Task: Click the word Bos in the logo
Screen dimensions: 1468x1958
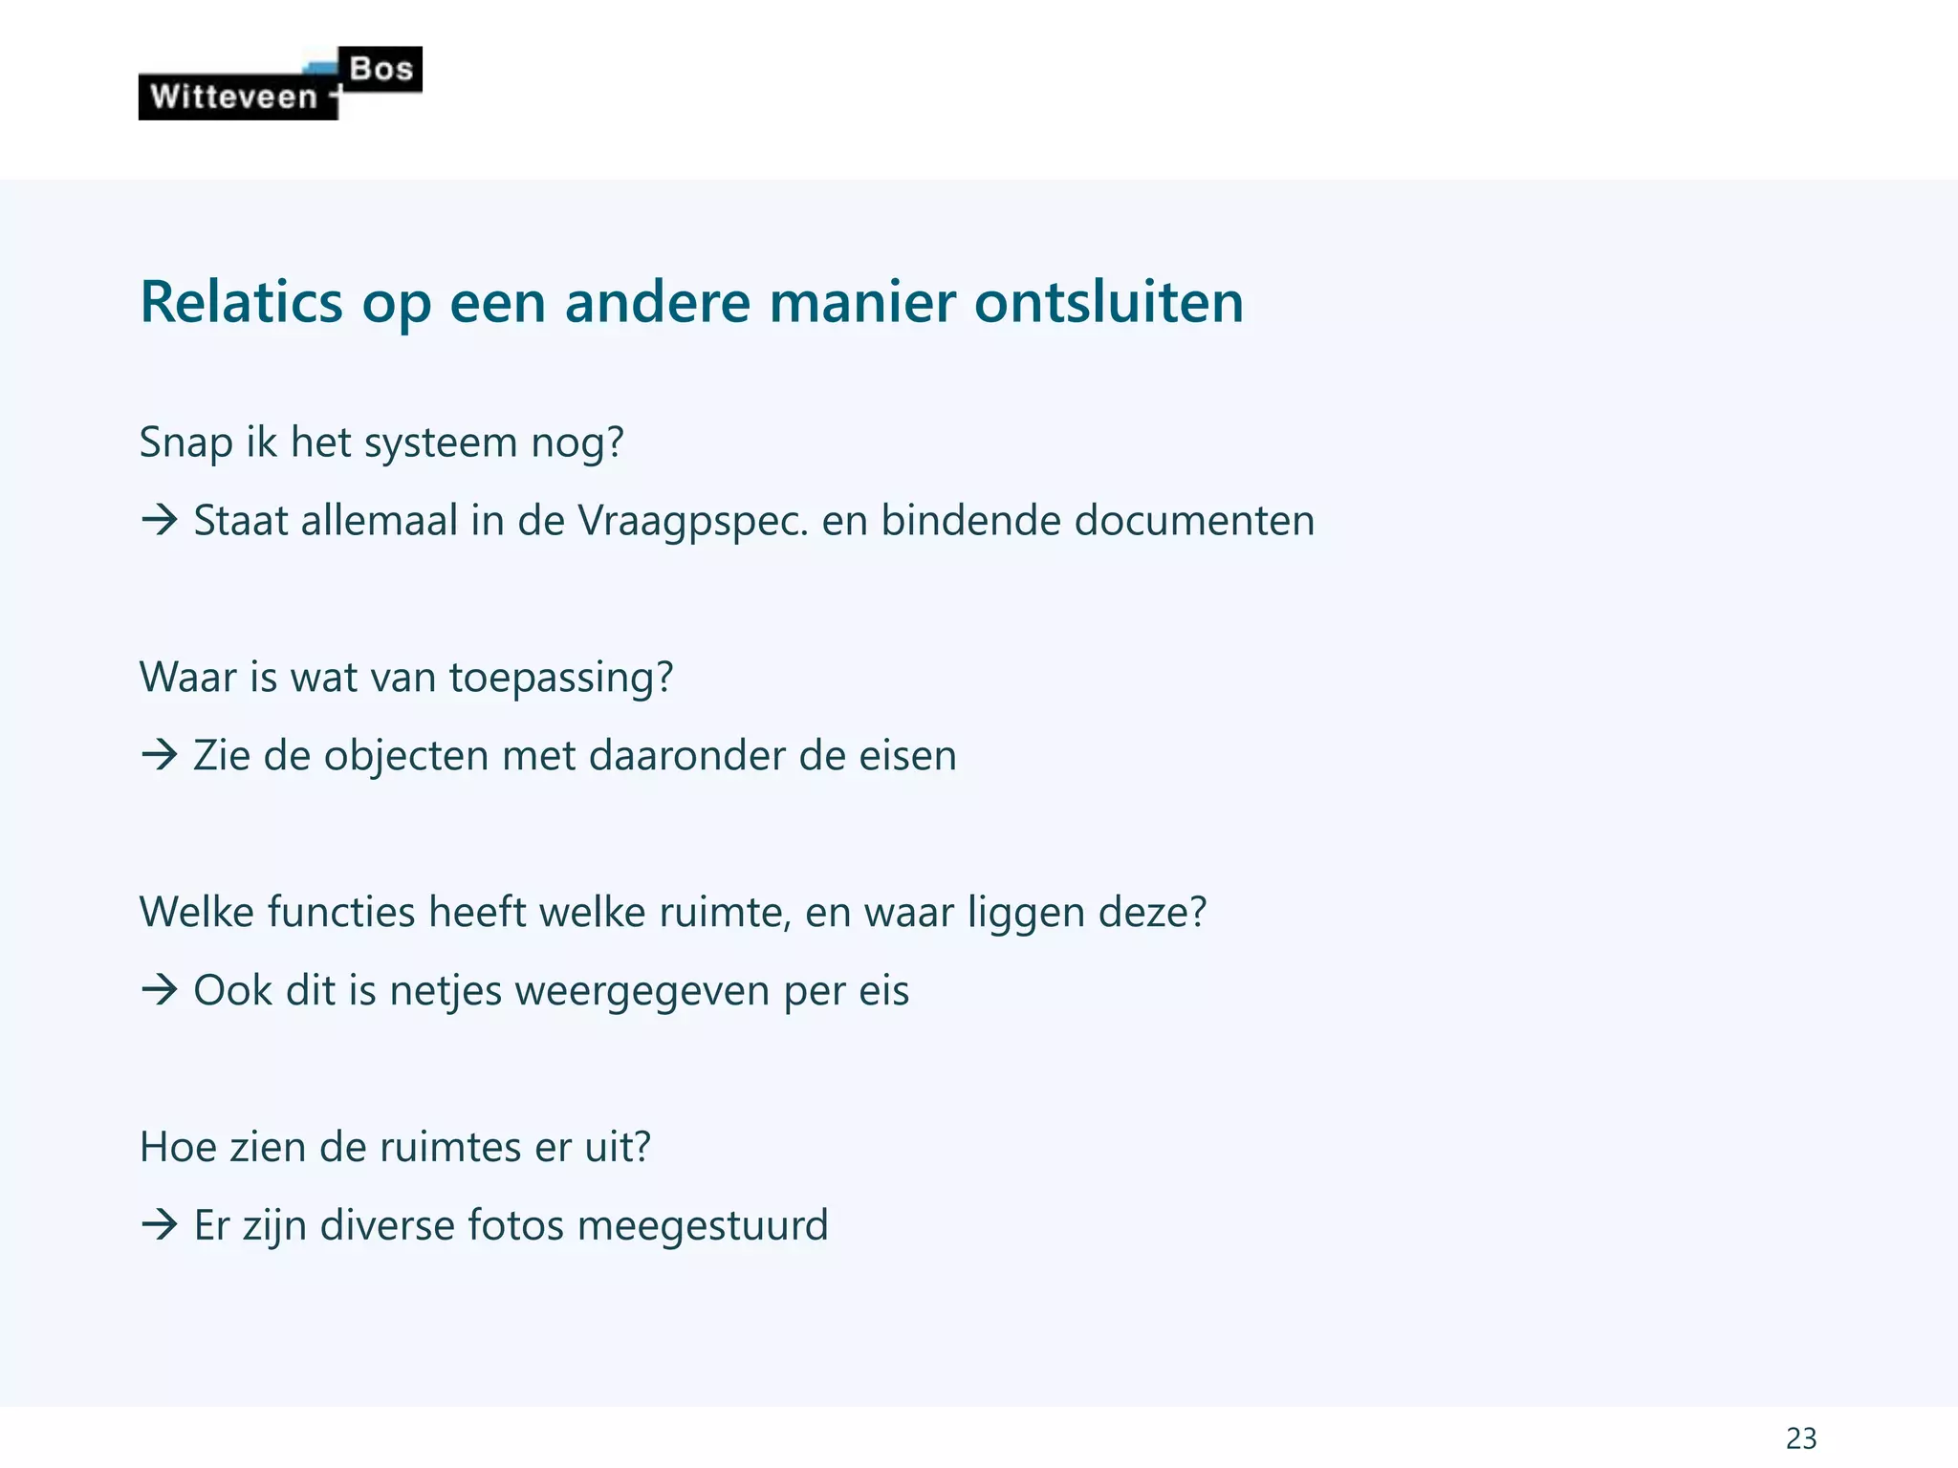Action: click(381, 69)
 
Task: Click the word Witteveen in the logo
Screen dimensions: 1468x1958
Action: click(233, 97)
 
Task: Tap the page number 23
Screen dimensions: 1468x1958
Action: click(1801, 1437)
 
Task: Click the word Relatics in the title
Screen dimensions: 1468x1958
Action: click(241, 302)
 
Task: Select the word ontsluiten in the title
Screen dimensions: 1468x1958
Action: click(1109, 302)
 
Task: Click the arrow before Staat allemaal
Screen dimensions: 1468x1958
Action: click(160, 521)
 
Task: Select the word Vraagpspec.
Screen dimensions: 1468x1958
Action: click(693, 521)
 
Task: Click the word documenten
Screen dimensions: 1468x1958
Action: click(1194, 521)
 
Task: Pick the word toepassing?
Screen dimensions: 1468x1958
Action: click(561, 678)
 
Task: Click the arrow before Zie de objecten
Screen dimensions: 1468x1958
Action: click(160, 756)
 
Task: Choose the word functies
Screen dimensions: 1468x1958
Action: click(341, 913)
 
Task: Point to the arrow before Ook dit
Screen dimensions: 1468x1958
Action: click(160, 991)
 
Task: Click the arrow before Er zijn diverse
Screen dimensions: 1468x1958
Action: click(160, 1225)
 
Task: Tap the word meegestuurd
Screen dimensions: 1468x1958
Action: click(703, 1225)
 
